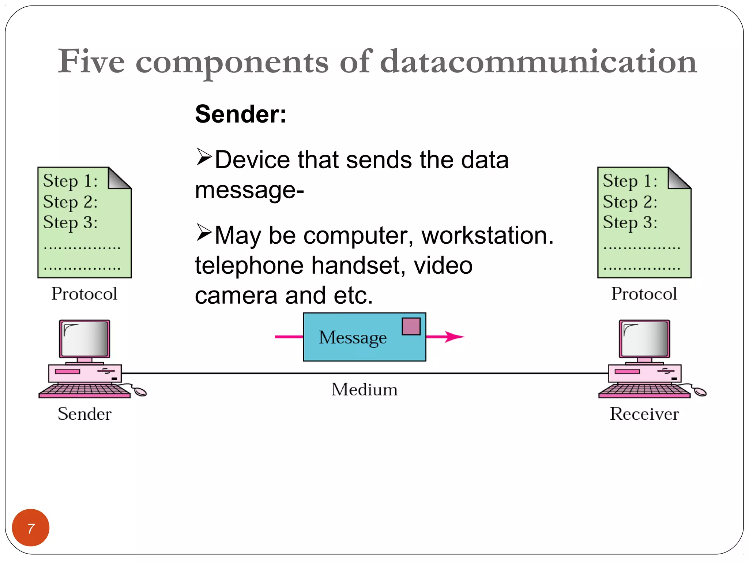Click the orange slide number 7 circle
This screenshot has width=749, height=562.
click(31, 527)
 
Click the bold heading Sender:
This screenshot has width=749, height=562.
click(241, 114)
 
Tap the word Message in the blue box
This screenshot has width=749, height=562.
click(353, 337)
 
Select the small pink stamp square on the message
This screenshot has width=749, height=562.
click(411, 326)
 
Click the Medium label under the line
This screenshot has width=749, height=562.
click(364, 389)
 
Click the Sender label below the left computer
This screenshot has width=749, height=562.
click(84, 414)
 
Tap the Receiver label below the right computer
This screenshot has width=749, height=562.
click(644, 414)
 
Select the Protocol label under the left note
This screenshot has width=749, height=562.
click(84, 294)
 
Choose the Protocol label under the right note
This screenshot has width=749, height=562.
click(644, 294)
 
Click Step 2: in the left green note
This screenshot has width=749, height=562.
click(70, 202)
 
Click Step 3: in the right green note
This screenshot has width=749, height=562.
click(630, 222)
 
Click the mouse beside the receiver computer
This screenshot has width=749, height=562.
click(700, 392)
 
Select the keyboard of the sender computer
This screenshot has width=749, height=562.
click(84, 391)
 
